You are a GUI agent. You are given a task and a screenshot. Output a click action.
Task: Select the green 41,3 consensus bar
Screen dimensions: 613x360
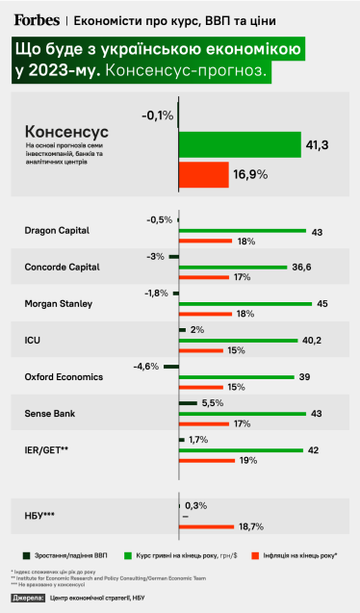tap(240, 145)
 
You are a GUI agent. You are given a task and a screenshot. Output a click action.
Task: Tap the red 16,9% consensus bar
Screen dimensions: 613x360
tap(203, 174)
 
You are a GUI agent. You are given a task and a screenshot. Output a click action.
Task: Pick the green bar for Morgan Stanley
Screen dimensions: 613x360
tap(245, 304)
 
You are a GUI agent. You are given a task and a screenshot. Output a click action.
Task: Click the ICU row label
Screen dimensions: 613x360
tap(31, 340)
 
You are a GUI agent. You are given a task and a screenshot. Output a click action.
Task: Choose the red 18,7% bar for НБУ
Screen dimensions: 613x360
tap(206, 526)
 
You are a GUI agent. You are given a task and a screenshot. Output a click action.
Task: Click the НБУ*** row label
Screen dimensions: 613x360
tap(40, 517)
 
